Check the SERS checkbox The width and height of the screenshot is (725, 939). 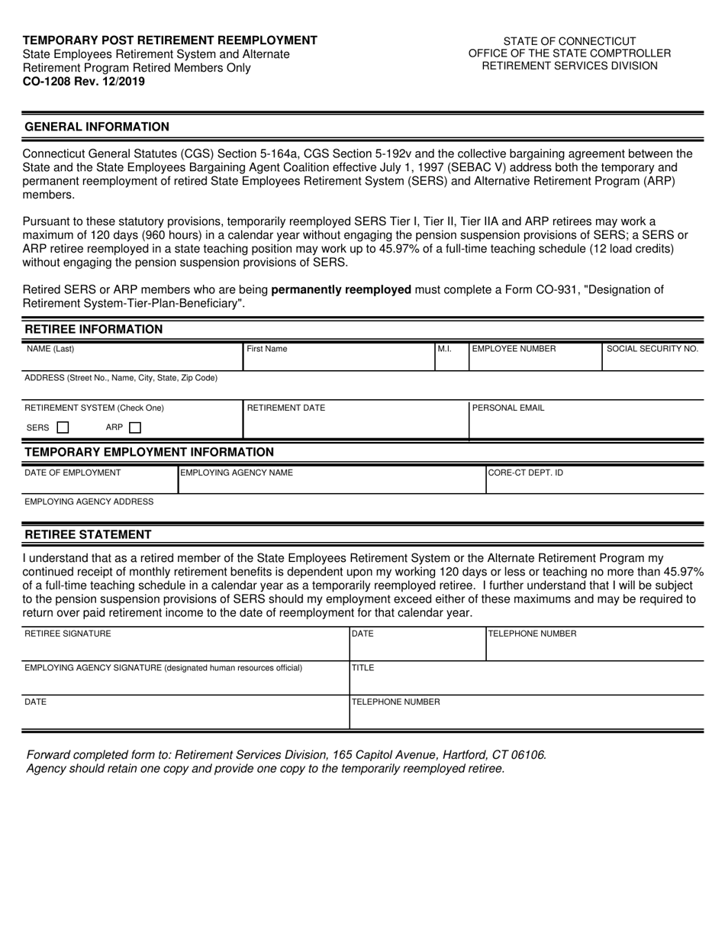tap(63, 428)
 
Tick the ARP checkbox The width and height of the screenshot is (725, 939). tap(135, 428)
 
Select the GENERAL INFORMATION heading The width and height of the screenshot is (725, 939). tap(97, 127)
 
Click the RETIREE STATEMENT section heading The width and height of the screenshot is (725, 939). tap(88, 534)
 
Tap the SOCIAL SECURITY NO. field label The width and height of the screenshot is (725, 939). tap(652, 349)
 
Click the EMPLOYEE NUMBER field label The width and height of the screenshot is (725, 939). tap(514, 349)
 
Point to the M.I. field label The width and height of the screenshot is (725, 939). tap(445, 349)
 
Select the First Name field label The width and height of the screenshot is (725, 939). tap(267, 349)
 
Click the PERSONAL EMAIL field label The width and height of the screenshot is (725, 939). tap(508, 408)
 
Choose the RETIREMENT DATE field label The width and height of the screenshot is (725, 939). tap(286, 408)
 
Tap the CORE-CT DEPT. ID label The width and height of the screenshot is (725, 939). tap(526, 473)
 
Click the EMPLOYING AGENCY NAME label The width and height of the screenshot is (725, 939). tap(236, 473)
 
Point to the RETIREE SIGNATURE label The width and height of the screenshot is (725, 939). tap(68, 634)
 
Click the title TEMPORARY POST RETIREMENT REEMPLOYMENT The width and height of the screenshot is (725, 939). tap(170, 40)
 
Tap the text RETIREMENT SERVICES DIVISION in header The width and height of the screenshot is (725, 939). tap(569, 66)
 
